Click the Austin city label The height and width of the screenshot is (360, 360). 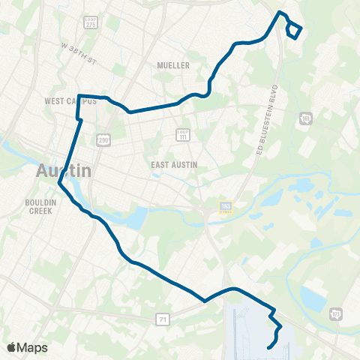coord(64,170)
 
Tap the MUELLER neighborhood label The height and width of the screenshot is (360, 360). coord(173,65)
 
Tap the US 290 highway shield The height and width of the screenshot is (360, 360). coord(104,139)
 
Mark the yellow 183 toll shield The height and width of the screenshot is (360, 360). coord(226,207)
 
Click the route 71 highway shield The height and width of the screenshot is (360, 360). coord(163,320)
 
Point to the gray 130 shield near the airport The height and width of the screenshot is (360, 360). coord(335,313)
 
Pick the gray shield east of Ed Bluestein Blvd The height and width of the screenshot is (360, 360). coord(306,118)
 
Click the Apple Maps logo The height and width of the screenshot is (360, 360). coord(27,347)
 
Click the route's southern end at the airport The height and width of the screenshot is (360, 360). coord(268,347)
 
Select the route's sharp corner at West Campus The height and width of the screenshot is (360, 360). coord(79,96)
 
